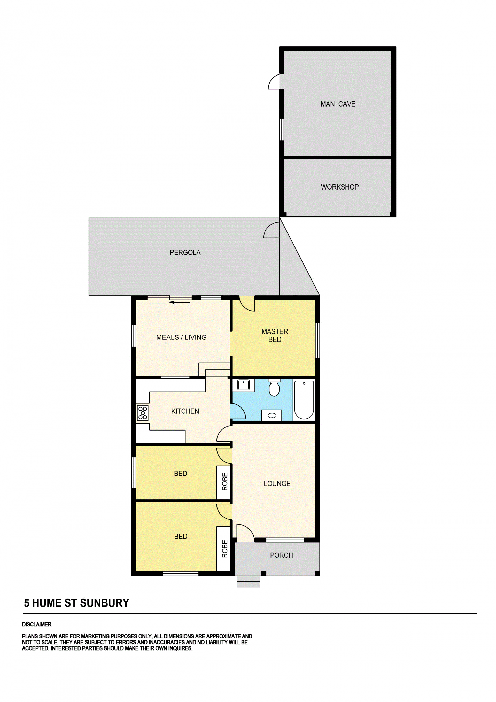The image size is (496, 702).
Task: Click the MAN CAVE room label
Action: click(338, 104)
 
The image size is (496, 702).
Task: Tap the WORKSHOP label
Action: click(340, 187)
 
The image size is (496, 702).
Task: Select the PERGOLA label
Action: click(185, 252)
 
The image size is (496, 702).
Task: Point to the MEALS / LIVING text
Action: click(181, 337)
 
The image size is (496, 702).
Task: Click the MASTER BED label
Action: click(275, 335)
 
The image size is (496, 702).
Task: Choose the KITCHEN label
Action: click(185, 411)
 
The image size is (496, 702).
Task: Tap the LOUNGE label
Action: click(277, 484)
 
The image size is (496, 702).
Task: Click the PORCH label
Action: click(281, 555)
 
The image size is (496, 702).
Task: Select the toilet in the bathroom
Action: click(274, 388)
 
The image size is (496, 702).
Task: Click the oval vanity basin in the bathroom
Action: click(272, 416)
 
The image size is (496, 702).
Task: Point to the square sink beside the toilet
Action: click(243, 385)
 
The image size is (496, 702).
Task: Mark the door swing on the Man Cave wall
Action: click(274, 81)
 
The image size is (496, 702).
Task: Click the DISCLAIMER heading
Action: click(37, 624)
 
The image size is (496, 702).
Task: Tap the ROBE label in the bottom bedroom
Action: click(225, 549)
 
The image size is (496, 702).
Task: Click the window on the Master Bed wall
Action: click(317, 340)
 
